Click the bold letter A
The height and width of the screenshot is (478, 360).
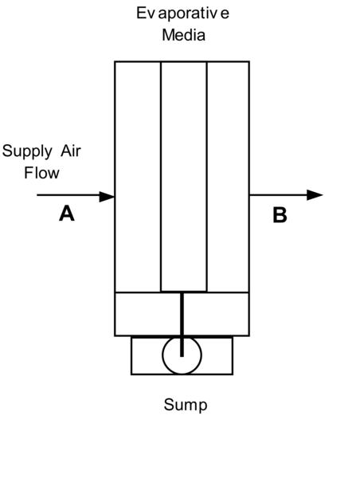[x=67, y=214]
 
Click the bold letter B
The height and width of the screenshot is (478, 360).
[x=280, y=215]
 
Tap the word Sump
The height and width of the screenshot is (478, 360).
[x=185, y=405]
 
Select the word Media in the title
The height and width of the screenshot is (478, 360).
[x=184, y=35]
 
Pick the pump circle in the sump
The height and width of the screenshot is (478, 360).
[x=182, y=355]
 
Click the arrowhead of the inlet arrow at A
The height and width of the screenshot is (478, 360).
[x=108, y=195]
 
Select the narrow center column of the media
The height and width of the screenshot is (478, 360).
[x=184, y=175]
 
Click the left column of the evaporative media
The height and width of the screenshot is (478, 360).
[x=138, y=175]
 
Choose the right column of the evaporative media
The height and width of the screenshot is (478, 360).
[x=228, y=175]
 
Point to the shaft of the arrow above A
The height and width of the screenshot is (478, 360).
[x=68, y=195]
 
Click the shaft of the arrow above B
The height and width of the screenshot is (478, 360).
[x=278, y=195]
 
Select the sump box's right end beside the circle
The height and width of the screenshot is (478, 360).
[x=217, y=355]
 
